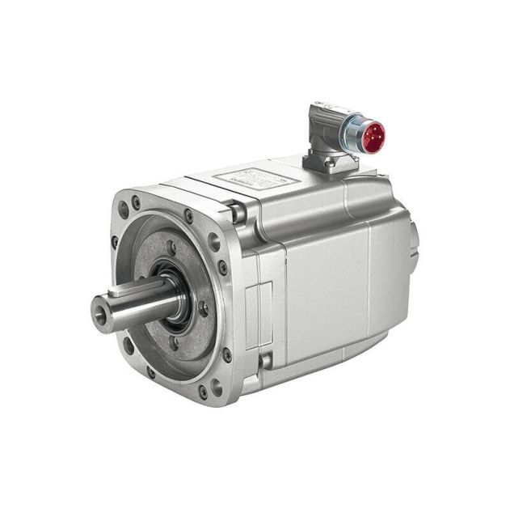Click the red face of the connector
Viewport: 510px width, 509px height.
pyautogui.click(x=373, y=138)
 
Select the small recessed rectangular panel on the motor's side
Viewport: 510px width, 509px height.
pyautogui.click(x=259, y=307)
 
